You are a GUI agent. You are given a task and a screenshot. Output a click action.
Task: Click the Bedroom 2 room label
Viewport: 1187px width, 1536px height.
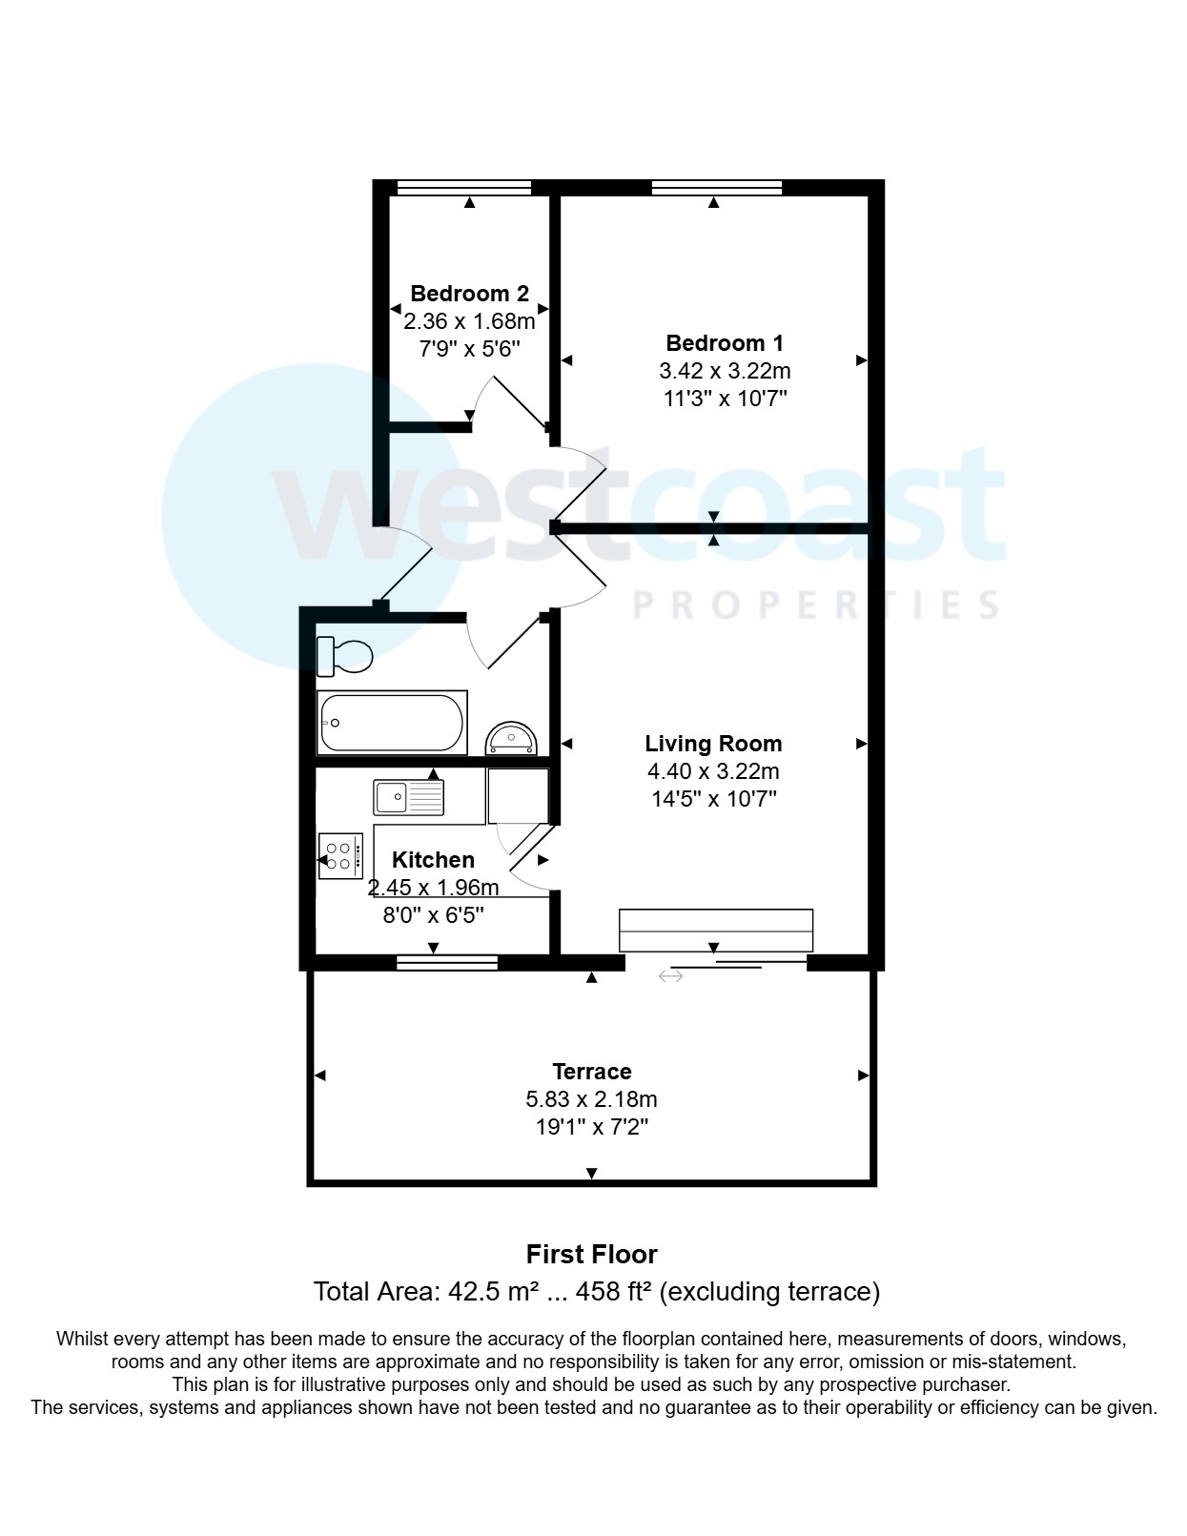click(x=469, y=294)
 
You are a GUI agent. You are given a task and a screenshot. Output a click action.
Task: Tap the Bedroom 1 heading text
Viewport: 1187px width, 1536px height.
click(x=725, y=343)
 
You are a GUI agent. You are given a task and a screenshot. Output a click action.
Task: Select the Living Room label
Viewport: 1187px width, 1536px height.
click(x=713, y=744)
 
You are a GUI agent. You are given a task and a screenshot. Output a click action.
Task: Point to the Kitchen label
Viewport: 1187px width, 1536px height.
click(x=433, y=860)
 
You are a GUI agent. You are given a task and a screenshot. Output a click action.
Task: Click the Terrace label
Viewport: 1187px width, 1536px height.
click(x=591, y=1072)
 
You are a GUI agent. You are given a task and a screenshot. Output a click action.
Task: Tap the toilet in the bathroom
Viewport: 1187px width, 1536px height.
click(x=344, y=655)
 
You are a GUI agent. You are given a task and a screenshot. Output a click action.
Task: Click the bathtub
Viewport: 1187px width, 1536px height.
click(x=392, y=723)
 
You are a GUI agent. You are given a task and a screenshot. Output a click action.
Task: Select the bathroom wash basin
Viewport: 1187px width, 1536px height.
click(x=512, y=738)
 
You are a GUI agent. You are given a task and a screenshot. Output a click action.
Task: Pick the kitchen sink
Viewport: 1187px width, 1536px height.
click(x=409, y=797)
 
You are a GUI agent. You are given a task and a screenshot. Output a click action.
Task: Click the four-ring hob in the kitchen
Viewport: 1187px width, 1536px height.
click(x=340, y=856)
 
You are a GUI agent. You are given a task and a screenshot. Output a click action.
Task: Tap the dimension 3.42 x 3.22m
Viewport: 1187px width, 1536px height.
click(x=725, y=371)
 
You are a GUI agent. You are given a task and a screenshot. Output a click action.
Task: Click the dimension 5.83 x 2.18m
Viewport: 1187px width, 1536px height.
click(x=591, y=1099)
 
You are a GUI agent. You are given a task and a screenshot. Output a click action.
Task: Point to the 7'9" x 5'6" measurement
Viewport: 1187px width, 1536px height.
click(x=469, y=349)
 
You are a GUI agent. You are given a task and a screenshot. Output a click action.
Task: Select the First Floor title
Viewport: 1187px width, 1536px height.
click(x=591, y=1254)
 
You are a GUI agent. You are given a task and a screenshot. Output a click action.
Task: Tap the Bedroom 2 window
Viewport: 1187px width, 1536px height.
click(x=463, y=188)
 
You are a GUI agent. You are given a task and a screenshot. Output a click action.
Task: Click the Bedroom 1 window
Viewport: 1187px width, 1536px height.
click(x=716, y=188)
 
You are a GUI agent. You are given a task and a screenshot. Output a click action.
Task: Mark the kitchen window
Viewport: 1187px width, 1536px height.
click(x=447, y=963)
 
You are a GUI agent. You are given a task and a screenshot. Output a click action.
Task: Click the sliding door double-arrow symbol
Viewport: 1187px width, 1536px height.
click(x=670, y=976)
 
